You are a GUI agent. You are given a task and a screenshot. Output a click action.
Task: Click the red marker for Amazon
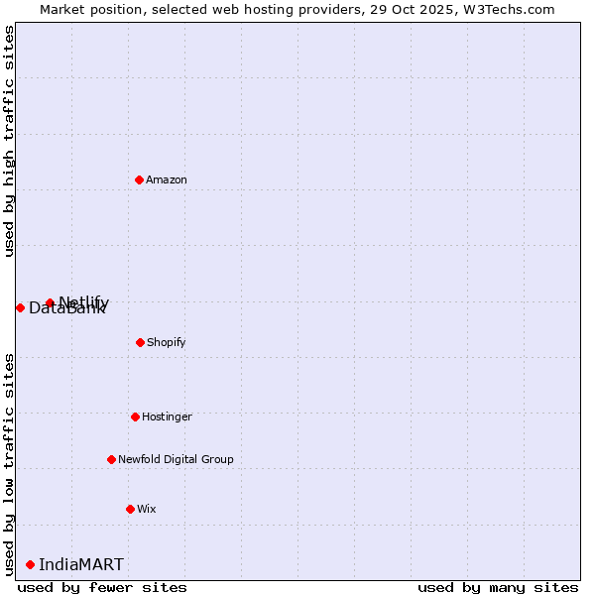(x=139, y=179)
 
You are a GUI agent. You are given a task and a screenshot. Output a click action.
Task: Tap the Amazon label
(x=167, y=179)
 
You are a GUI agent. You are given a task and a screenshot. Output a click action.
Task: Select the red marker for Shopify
(x=140, y=342)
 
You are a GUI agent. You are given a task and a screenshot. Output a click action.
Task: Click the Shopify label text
(x=167, y=342)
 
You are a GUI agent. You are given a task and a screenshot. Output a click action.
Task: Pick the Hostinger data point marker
(x=135, y=416)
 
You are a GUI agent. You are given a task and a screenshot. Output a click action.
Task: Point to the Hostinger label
(x=167, y=416)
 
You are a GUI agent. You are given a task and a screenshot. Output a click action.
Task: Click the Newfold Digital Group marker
(x=111, y=459)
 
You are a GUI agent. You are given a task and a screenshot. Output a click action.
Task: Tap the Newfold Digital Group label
(x=176, y=459)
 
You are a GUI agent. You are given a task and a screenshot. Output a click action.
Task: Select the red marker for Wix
(x=130, y=509)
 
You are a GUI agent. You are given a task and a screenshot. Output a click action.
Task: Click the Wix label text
(x=147, y=509)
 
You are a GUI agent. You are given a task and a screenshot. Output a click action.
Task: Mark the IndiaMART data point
(x=30, y=564)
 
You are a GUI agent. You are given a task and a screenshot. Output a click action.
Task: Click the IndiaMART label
(x=81, y=565)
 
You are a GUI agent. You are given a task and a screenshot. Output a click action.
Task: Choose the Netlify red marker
(x=50, y=302)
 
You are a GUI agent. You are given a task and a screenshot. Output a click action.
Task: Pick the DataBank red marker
(x=20, y=307)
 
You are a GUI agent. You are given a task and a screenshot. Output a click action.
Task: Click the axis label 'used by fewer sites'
(x=102, y=587)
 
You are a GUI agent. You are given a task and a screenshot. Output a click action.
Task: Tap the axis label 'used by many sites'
(x=498, y=587)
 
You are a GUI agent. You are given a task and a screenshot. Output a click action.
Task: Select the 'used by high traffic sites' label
(x=9, y=141)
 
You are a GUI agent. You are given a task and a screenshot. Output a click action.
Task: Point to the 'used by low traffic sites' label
(x=9, y=464)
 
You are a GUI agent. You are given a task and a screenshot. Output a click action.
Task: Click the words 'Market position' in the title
(x=84, y=9)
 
